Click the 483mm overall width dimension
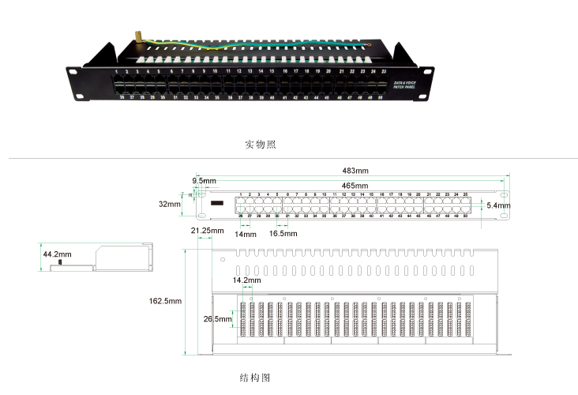click(x=355, y=171)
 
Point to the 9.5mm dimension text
click(x=204, y=181)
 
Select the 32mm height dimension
click(x=169, y=204)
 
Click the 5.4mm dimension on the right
click(x=498, y=206)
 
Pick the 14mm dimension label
click(x=246, y=234)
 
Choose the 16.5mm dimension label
click(x=283, y=234)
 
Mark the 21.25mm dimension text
click(x=205, y=231)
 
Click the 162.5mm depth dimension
click(x=165, y=301)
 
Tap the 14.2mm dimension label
click(x=246, y=280)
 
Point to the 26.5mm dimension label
click(x=216, y=319)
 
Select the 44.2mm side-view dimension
click(x=57, y=254)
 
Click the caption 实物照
click(x=261, y=145)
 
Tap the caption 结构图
click(x=254, y=378)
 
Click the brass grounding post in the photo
click(x=135, y=36)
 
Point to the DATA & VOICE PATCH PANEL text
click(x=405, y=84)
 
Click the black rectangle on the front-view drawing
click(x=217, y=204)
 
